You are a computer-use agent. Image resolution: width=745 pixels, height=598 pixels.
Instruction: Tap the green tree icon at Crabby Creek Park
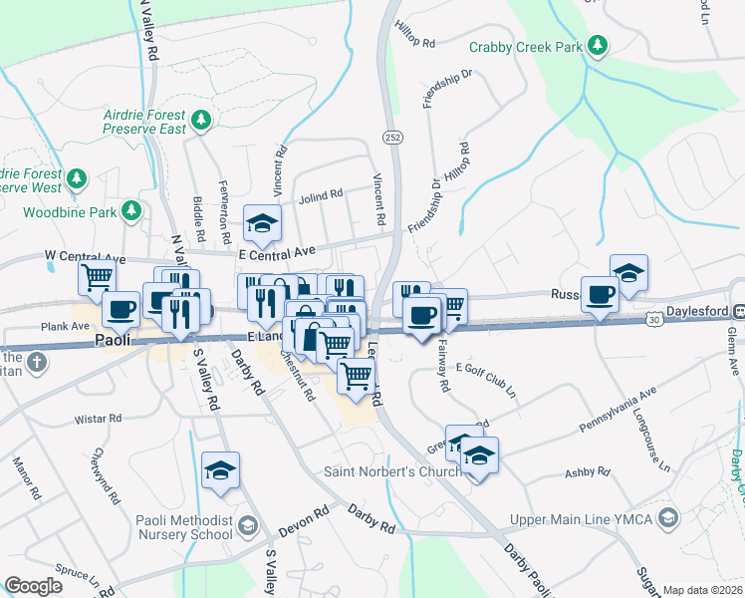pos(597,45)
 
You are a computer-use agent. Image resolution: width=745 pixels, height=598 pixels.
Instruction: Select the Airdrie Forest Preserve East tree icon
pos(201,121)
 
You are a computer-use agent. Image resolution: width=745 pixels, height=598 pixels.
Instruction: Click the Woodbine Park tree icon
pos(130,210)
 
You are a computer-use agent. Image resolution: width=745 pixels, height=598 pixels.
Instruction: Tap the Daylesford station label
pos(689,312)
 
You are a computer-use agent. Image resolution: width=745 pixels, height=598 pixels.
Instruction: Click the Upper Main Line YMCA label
pos(583,519)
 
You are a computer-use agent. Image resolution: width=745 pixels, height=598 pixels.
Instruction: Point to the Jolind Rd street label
pos(321,194)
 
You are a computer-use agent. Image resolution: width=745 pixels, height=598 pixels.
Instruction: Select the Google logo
pos(35,586)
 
